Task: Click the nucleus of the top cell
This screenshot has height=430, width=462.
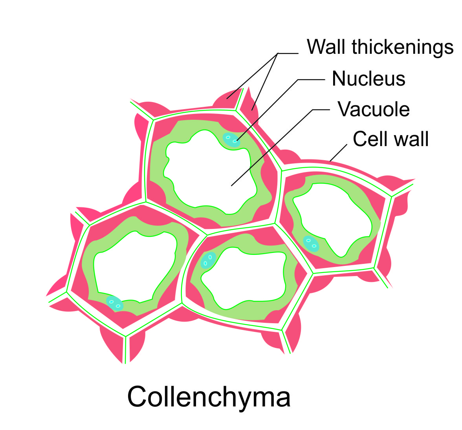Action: click(231, 140)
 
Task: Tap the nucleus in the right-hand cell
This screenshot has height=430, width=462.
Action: click(311, 243)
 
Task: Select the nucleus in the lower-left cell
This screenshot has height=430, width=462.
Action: click(115, 303)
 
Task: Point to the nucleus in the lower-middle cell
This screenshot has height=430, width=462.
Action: click(208, 260)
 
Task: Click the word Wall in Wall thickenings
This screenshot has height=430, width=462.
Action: click(327, 47)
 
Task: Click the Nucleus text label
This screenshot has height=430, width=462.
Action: click(368, 79)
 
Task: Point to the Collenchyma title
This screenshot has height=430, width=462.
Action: click(209, 397)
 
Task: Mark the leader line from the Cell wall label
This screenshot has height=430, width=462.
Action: click(339, 153)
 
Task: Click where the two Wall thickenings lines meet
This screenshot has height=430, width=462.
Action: click(278, 53)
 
